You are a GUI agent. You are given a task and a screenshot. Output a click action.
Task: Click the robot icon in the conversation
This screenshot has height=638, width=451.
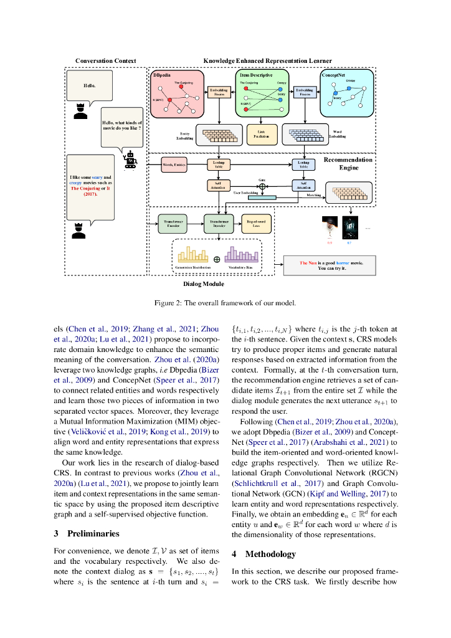pyautogui.click(x=130, y=161)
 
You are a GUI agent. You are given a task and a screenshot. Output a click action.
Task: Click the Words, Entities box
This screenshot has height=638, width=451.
pyautogui.click(x=174, y=165)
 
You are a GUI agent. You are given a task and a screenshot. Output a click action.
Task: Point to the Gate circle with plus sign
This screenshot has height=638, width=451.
pyautogui.click(x=262, y=186)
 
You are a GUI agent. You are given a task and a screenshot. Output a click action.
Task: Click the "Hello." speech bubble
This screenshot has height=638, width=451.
pyautogui.click(x=90, y=85)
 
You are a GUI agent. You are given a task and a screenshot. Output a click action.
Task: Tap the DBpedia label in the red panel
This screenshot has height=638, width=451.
pyautogui.click(x=163, y=75)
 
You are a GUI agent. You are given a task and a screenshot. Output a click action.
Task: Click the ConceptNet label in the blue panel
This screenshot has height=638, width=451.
pyautogui.click(x=333, y=75)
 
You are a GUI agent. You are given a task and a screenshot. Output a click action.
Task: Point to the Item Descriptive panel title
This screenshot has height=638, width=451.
pyautogui.click(x=256, y=75)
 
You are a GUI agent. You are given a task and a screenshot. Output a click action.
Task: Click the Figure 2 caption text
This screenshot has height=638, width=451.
pyautogui.click(x=225, y=303)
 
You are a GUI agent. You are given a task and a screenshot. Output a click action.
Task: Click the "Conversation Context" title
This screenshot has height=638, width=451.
pyautogui.click(x=105, y=60)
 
